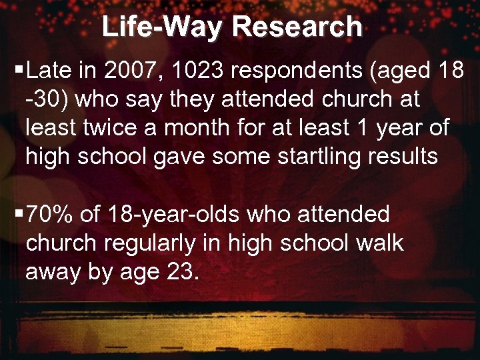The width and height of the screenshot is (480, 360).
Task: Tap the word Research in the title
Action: tap(298, 27)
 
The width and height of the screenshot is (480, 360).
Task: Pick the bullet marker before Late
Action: tap(20, 69)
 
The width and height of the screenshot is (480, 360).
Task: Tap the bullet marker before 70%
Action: tap(20, 215)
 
